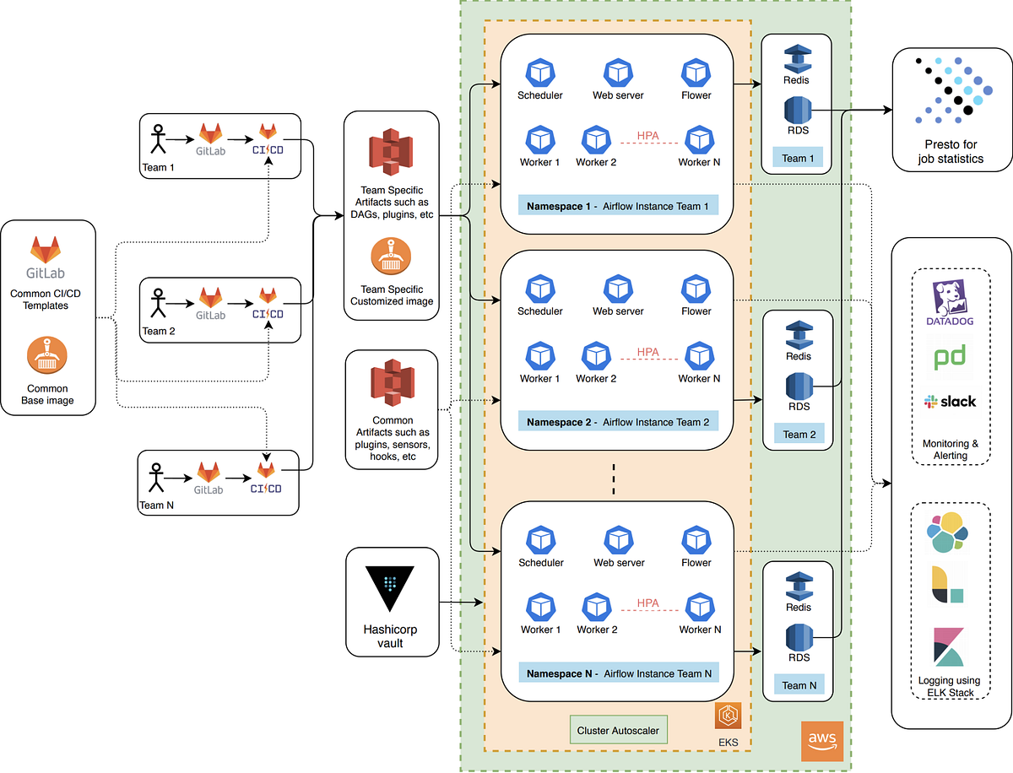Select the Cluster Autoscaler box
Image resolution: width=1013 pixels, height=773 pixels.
(x=618, y=730)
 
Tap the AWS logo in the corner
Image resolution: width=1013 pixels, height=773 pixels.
(x=821, y=740)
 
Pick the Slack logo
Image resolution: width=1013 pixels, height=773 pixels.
(x=950, y=402)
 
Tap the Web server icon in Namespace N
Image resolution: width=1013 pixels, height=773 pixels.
(x=619, y=539)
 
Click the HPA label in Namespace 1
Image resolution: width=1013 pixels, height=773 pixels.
(x=648, y=134)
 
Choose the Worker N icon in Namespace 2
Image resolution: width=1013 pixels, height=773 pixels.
(x=699, y=354)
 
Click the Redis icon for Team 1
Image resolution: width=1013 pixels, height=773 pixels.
(x=796, y=57)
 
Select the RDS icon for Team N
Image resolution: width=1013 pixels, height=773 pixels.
(x=798, y=637)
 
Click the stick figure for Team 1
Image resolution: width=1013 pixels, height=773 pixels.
(x=157, y=139)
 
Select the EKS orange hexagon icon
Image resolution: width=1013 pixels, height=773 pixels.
(x=727, y=716)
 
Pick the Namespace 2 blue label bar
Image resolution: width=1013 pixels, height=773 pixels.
(x=618, y=422)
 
